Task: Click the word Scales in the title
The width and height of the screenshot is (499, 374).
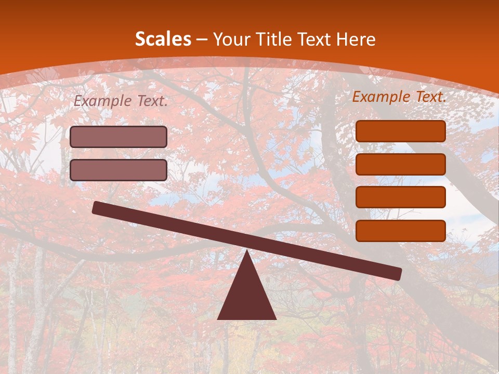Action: pyautogui.click(x=163, y=39)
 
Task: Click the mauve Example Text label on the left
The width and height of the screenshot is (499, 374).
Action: pyautogui.click(x=121, y=101)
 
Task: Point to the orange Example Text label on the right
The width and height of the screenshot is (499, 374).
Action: pyautogui.click(x=399, y=97)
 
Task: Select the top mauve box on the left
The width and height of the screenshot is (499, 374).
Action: pyautogui.click(x=119, y=137)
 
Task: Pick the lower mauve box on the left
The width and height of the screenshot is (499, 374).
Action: pyautogui.click(x=119, y=170)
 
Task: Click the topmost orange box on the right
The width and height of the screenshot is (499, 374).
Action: pyautogui.click(x=401, y=131)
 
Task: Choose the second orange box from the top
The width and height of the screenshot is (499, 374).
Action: pyautogui.click(x=401, y=164)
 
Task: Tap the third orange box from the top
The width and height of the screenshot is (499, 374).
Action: pyautogui.click(x=401, y=197)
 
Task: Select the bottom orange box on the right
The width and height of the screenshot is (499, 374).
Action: pyautogui.click(x=401, y=231)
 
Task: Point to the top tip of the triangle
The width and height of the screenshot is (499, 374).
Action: pyautogui.click(x=246, y=252)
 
